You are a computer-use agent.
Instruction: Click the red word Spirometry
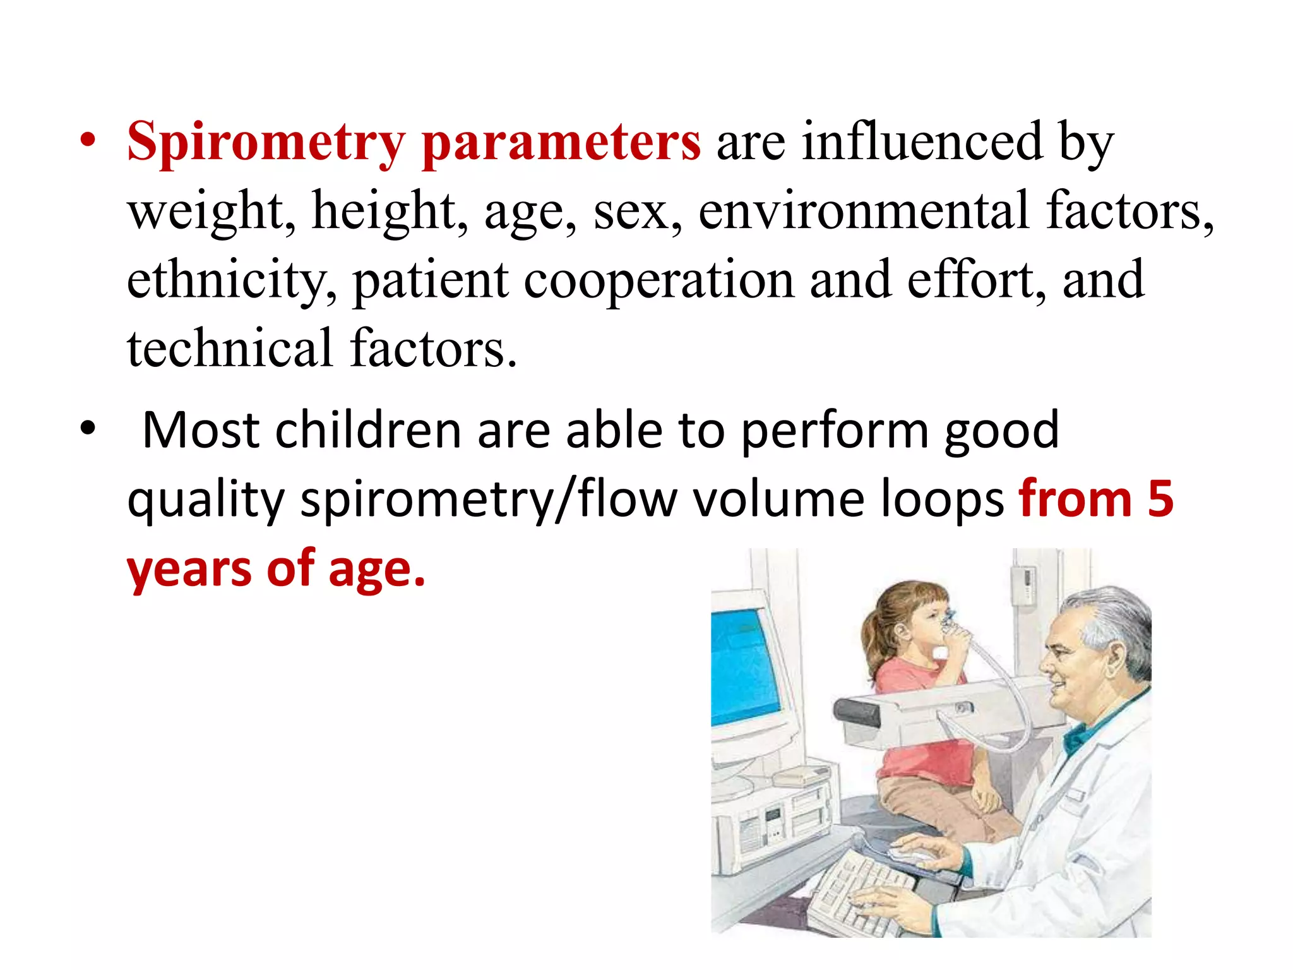pyautogui.click(x=266, y=142)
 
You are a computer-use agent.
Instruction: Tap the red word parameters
pyautogui.click(x=561, y=142)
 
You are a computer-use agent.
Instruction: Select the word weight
pyautogui.click(x=212, y=212)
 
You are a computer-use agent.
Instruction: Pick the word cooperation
pyautogui.click(x=658, y=280)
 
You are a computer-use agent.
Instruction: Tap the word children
pyautogui.click(x=368, y=431)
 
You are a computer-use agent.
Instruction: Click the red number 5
pyautogui.click(x=1160, y=500)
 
